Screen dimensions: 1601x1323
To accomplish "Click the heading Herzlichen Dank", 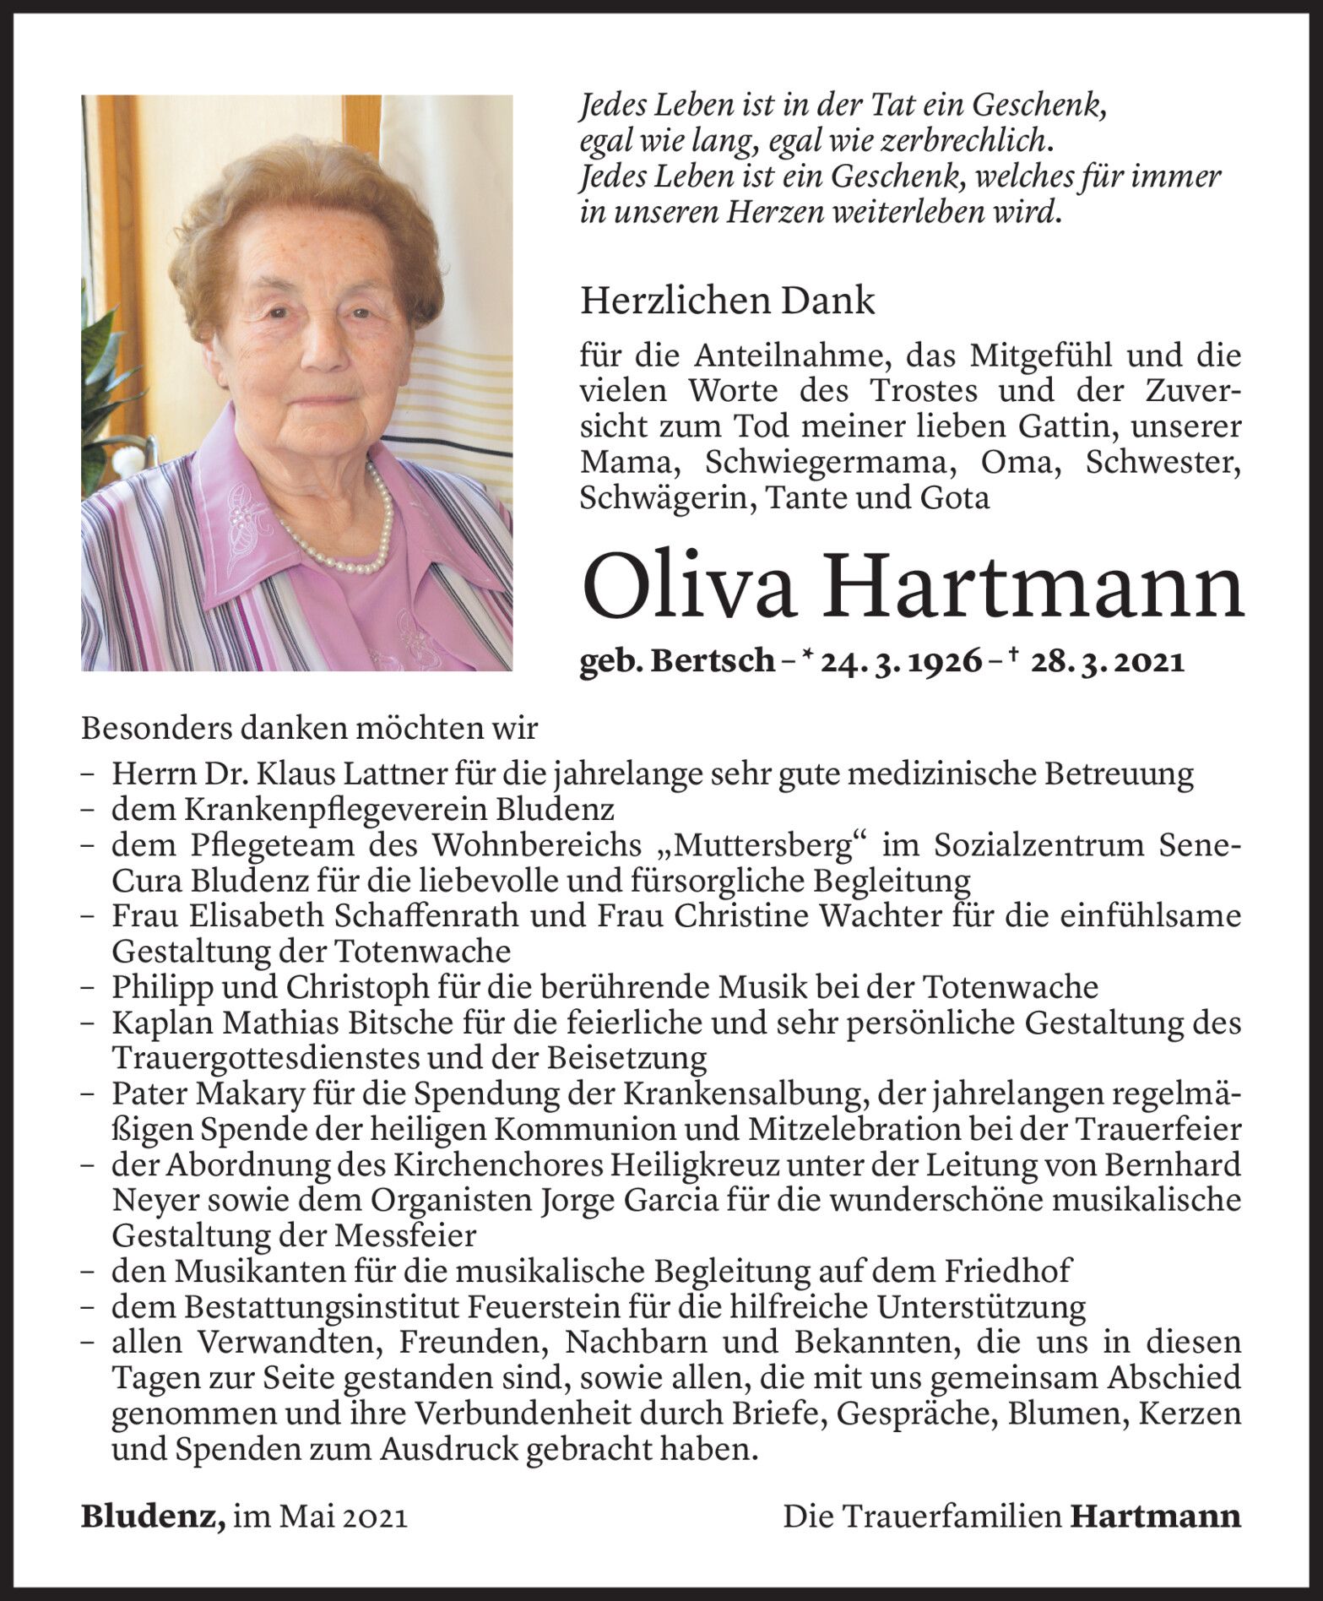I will (728, 301).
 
